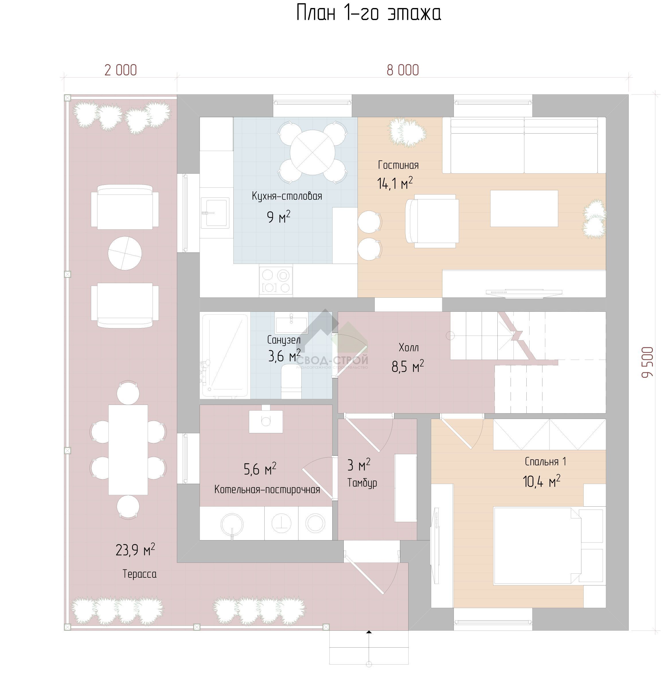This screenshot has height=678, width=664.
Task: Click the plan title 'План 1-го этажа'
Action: click(x=369, y=13)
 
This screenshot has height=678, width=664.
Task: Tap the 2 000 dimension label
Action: click(x=121, y=70)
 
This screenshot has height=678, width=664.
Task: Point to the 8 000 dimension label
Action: click(x=403, y=70)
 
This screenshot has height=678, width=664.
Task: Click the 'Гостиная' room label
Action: click(x=398, y=165)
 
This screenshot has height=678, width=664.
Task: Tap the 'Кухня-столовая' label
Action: click(x=287, y=196)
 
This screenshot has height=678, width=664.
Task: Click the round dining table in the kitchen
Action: click(x=313, y=152)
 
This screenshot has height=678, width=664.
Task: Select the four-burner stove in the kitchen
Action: click(x=276, y=281)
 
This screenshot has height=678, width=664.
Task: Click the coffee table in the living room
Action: click(x=524, y=208)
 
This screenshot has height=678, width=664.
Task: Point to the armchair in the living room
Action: click(x=432, y=221)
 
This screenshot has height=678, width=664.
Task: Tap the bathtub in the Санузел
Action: click(x=225, y=355)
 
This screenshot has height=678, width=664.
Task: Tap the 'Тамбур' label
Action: click(x=362, y=483)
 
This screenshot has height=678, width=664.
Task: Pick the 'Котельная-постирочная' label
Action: click(x=267, y=490)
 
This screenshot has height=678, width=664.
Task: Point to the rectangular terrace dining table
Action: click(x=128, y=450)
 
